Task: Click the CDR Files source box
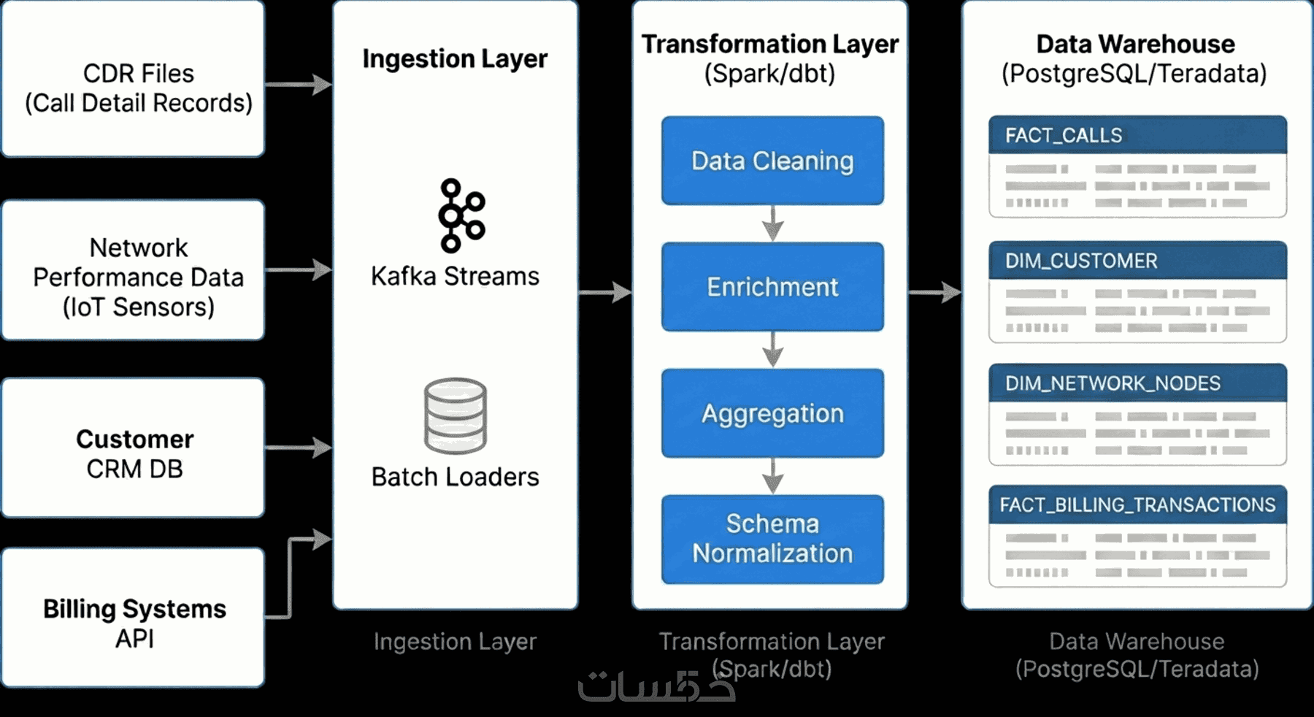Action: coord(133,79)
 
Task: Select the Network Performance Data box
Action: coord(133,270)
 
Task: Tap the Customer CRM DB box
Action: coord(133,448)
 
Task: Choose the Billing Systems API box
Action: coord(133,618)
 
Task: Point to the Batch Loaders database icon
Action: coord(456,415)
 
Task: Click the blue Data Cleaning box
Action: coord(772,161)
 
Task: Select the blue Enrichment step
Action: coord(772,287)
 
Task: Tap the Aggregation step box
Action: coord(772,413)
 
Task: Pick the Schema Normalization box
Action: coord(772,539)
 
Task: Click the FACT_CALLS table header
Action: coord(1137,135)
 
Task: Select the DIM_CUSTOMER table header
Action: coord(1137,261)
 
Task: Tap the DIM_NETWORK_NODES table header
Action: coord(1137,383)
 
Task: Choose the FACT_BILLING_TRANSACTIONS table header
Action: coord(1137,505)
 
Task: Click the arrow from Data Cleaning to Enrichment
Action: coord(773,223)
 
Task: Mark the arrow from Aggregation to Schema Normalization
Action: coord(773,476)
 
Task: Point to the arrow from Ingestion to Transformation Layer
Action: coord(604,293)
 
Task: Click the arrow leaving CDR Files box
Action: coord(298,85)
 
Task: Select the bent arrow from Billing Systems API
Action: coord(291,577)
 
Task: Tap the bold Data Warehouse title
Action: coord(1135,44)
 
